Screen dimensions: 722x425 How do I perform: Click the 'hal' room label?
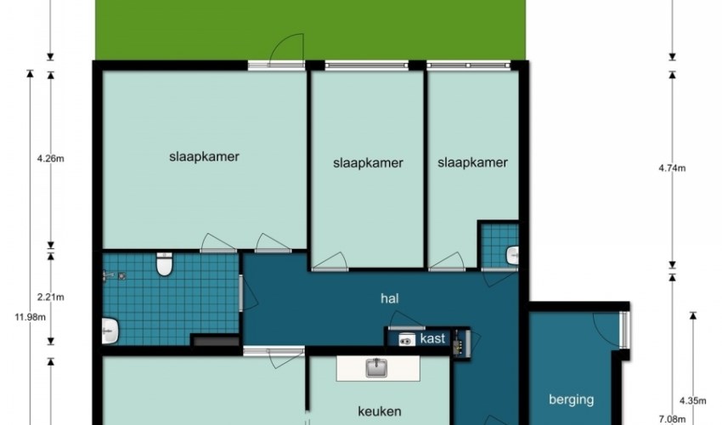pos(390,298)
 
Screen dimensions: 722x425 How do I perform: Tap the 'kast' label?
pos(433,338)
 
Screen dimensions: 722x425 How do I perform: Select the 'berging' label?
pos(571,399)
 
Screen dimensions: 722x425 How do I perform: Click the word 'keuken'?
pos(380,411)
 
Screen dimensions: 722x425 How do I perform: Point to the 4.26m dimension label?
pos(51,159)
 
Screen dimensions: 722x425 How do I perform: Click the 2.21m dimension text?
pos(51,297)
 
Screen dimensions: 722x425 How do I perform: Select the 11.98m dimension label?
pos(31,317)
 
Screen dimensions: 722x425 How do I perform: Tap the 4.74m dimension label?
pos(672,168)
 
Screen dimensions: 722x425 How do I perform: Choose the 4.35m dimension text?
pos(692,400)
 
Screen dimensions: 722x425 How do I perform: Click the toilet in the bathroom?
pos(165,263)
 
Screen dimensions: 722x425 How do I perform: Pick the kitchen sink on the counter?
pos(376,368)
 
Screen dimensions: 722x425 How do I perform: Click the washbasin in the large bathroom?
pos(110,331)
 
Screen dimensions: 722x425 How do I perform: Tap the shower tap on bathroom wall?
pos(109,275)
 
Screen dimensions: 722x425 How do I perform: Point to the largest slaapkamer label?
pos(204,156)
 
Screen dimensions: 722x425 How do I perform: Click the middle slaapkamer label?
pos(368,162)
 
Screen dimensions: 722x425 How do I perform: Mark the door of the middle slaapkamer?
pos(330,263)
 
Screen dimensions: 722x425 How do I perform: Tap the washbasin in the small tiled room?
pos(512,255)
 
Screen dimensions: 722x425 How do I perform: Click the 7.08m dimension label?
pos(672,419)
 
